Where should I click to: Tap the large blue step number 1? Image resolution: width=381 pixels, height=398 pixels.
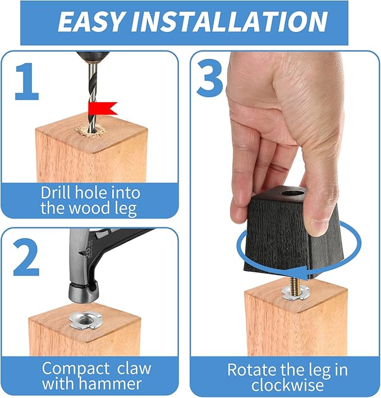point(27,81)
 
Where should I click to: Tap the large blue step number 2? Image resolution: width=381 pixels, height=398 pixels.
point(26,257)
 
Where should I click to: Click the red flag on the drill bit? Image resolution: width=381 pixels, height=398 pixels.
point(103,108)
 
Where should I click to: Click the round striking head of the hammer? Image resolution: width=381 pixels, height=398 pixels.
point(79,292)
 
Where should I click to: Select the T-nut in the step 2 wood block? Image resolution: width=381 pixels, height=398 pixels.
point(86,321)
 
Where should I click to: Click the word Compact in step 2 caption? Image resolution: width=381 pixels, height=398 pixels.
point(75,369)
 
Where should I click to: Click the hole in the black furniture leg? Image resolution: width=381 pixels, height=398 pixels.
point(293,192)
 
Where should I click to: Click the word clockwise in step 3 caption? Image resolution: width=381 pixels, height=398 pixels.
point(288,385)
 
